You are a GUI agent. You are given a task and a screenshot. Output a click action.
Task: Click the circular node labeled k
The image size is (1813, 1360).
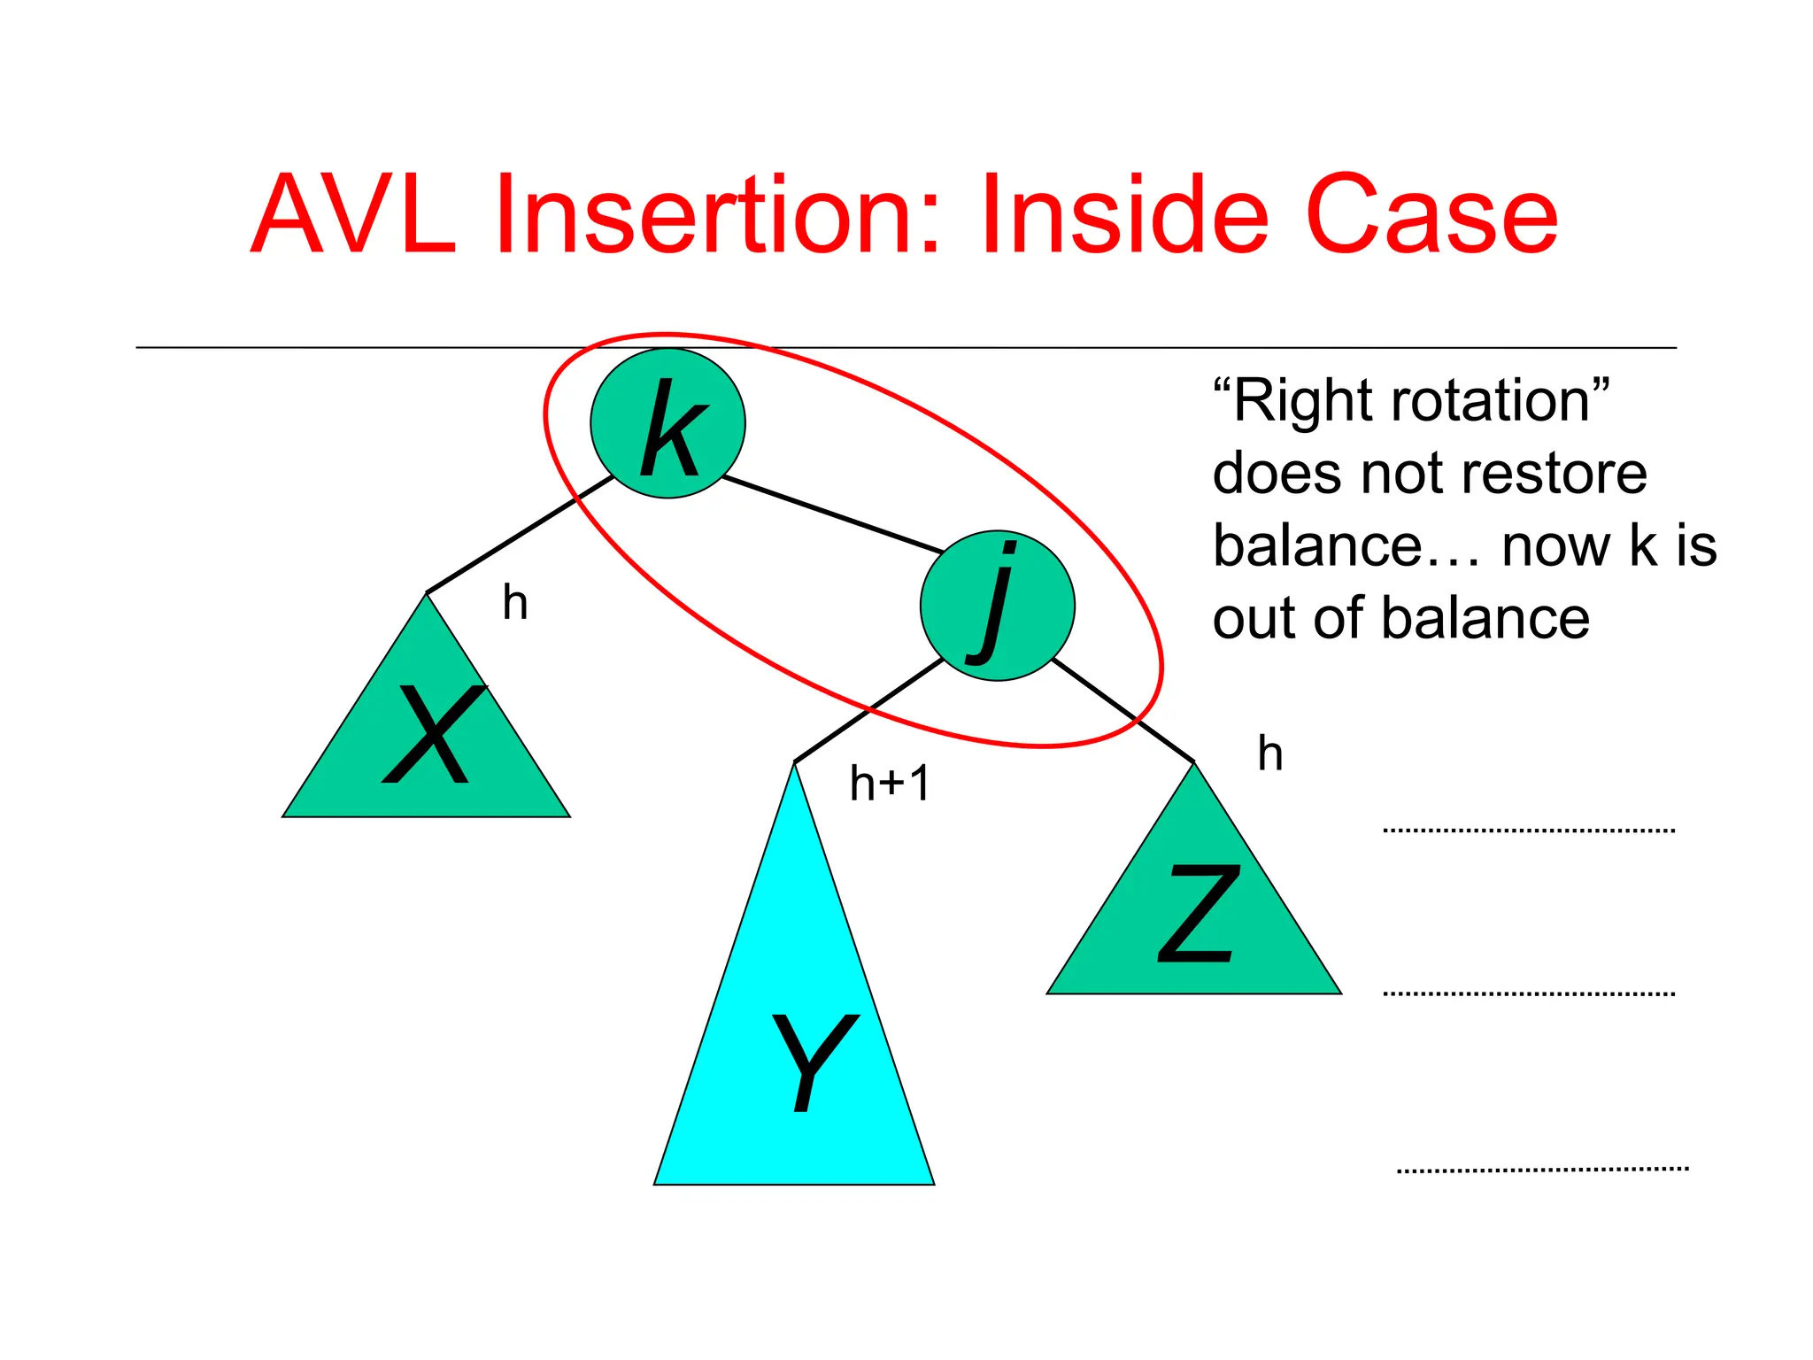pos(667,423)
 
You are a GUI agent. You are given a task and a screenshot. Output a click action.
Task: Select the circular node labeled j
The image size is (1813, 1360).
pos(997,606)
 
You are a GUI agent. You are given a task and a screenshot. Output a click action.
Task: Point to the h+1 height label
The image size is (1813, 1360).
pos(889,784)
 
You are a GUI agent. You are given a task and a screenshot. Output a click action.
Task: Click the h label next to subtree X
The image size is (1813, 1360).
pos(515,603)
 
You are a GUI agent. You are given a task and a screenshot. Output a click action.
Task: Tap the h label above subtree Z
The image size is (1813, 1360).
pos(1270,754)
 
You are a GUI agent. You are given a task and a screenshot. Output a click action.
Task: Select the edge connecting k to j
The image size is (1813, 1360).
pos(832,514)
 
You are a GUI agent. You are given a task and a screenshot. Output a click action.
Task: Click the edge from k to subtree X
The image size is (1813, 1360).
pos(520,535)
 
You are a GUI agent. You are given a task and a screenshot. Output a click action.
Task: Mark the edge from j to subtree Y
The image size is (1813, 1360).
pos(868,710)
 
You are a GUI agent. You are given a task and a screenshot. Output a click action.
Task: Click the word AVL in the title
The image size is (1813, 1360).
pos(354,215)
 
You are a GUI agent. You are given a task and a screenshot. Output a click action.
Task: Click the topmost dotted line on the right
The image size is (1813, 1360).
pos(1529,831)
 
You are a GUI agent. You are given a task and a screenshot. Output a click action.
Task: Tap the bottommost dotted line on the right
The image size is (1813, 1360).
pos(1542,1170)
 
